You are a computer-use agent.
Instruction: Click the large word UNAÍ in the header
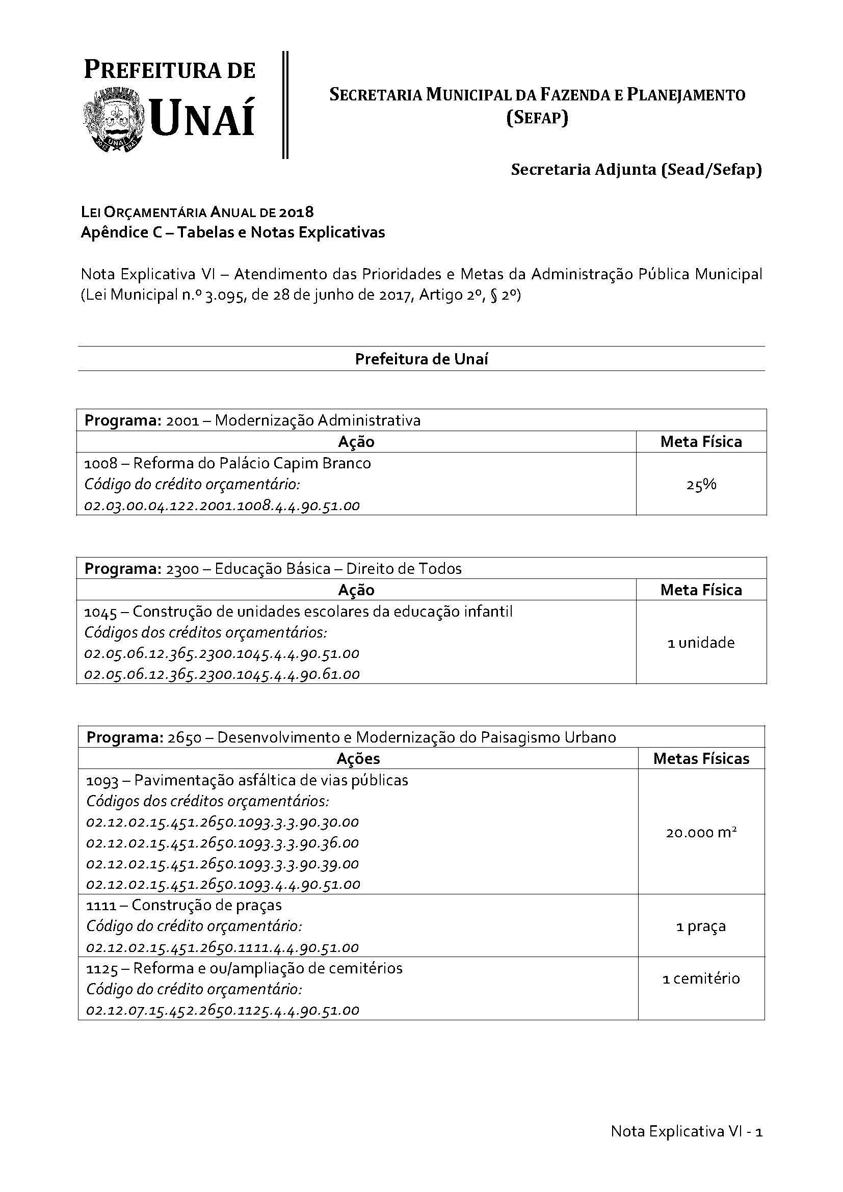202,118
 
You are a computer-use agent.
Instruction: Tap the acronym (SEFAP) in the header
537,118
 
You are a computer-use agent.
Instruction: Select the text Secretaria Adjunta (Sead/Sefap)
636,170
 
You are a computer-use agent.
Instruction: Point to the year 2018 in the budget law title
296,212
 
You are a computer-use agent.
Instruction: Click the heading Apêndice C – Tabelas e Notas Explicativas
232,232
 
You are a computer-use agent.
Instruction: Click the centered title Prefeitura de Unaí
421,359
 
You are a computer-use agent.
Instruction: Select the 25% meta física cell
701,484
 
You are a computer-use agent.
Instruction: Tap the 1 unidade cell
701,643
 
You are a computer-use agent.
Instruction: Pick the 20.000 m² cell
701,833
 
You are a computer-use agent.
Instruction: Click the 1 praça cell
701,926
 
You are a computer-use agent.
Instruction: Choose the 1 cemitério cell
701,978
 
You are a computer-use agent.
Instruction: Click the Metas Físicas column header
701,759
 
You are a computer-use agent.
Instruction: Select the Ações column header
358,759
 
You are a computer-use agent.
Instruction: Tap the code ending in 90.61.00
222,674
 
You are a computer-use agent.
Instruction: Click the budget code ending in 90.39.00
223,864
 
